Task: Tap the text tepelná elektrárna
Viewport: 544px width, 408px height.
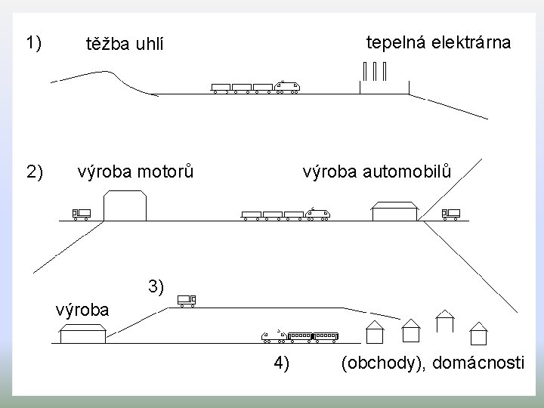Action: [x=437, y=42]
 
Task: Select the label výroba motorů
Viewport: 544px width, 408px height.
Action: [x=136, y=172]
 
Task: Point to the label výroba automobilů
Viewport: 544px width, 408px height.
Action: [x=377, y=172]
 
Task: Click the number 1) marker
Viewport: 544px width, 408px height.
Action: [x=33, y=42]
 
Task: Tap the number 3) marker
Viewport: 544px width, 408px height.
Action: [x=156, y=286]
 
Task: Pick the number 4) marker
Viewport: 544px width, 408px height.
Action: [x=281, y=363]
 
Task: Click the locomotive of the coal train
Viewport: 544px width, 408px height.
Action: [x=287, y=87]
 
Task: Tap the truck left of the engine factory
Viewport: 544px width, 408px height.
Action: [x=81, y=213]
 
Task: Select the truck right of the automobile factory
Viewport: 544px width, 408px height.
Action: [x=451, y=213]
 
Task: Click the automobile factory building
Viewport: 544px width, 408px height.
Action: [x=395, y=211]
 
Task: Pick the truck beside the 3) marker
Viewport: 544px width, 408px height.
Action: [x=187, y=301]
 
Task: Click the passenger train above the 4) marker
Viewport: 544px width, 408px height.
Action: [x=301, y=335]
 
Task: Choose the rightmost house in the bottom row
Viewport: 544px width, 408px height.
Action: [x=478, y=333]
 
